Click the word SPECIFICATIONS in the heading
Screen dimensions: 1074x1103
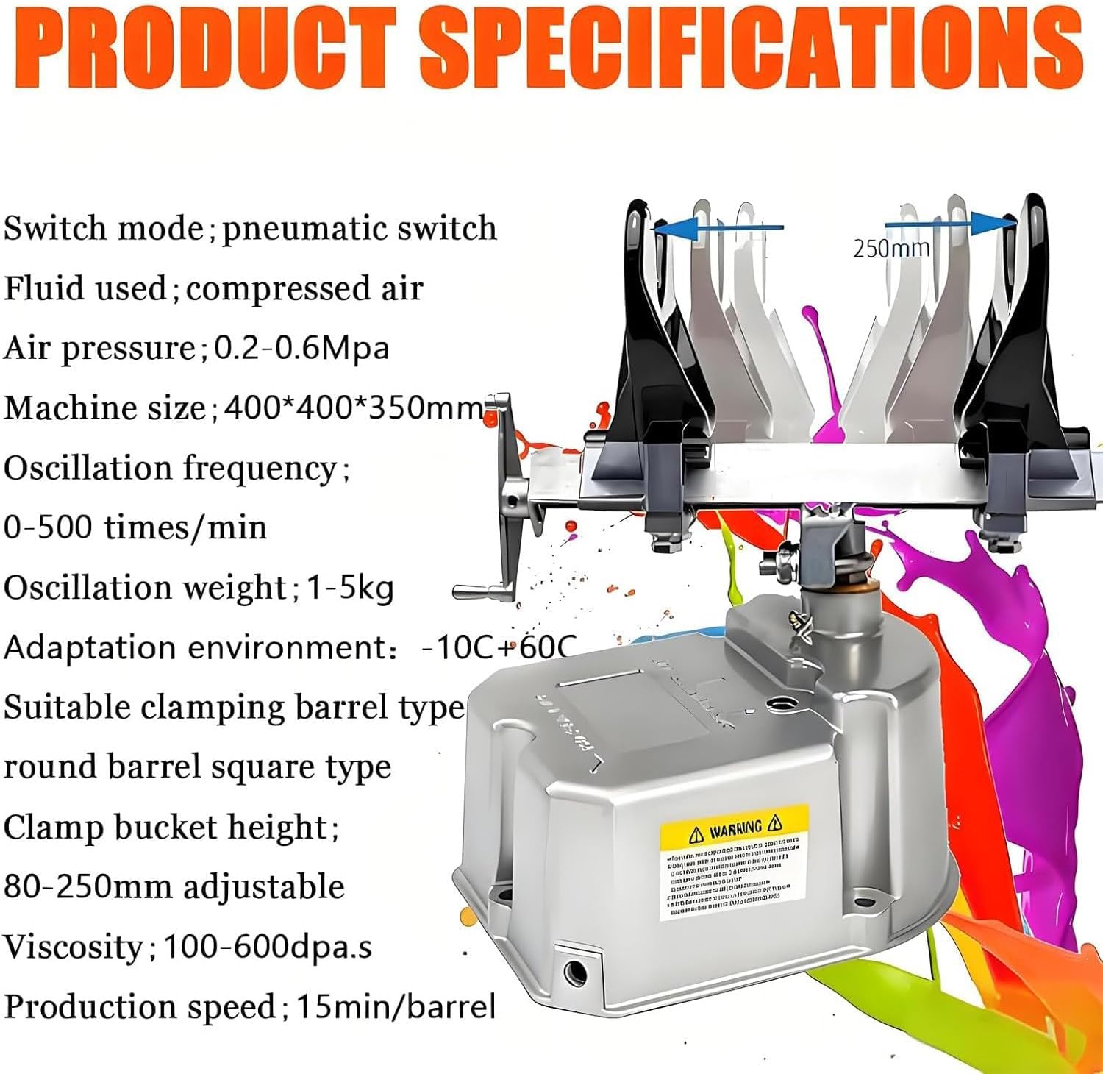pos(750,49)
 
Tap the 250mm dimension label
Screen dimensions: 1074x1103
pos(891,249)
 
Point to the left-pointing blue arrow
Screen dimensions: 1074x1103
pos(718,228)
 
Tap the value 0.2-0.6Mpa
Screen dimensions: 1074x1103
pos(301,347)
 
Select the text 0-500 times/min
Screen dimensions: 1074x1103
pos(135,527)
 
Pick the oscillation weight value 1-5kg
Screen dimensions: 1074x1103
pos(350,588)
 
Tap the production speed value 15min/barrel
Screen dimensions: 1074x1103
pos(396,1006)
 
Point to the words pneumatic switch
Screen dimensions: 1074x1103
pos(360,228)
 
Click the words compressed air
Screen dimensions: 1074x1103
pos(304,288)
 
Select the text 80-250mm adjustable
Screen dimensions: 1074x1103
pos(174,886)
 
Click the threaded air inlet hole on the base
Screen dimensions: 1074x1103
pos(575,973)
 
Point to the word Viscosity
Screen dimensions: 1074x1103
pos(73,947)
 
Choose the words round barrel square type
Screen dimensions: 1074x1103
pos(198,767)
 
